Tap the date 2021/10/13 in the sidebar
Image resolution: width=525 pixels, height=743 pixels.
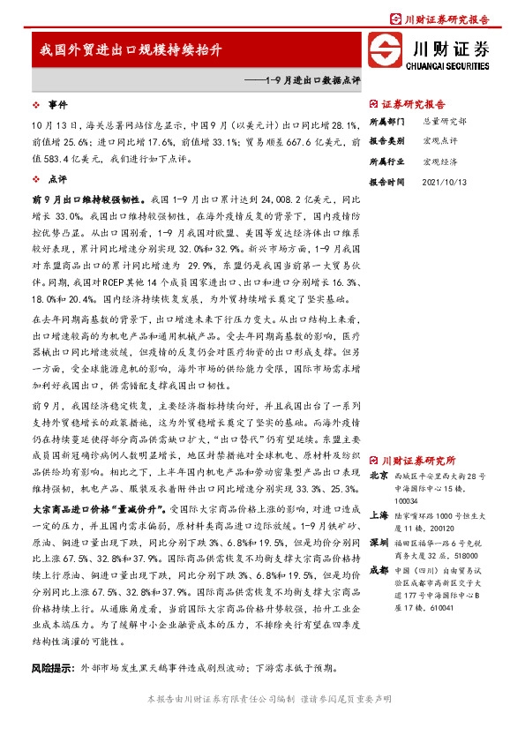pos(444,181)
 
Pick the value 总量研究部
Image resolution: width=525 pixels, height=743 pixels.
pos(444,121)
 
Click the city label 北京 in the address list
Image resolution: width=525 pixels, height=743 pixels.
pos(378,476)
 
